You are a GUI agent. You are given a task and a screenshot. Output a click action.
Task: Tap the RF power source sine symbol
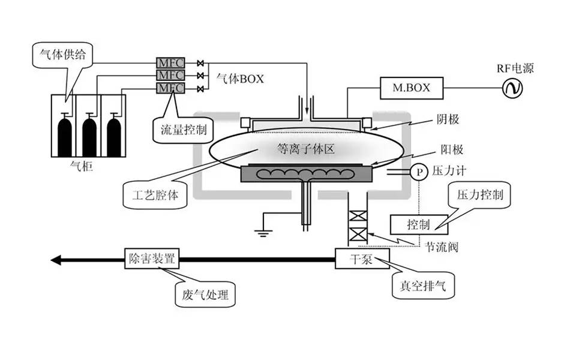pyautogui.click(x=513, y=89)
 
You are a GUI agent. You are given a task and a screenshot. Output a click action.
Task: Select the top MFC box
pyautogui.click(x=170, y=62)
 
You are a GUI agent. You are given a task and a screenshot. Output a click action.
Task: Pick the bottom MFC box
pyautogui.click(x=170, y=88)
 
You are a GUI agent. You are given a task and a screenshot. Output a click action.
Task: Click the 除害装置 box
pyautogui.click(x=152, y=260)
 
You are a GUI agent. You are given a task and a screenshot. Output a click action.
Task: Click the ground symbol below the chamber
pyautogui.click(x=262, y=233)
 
